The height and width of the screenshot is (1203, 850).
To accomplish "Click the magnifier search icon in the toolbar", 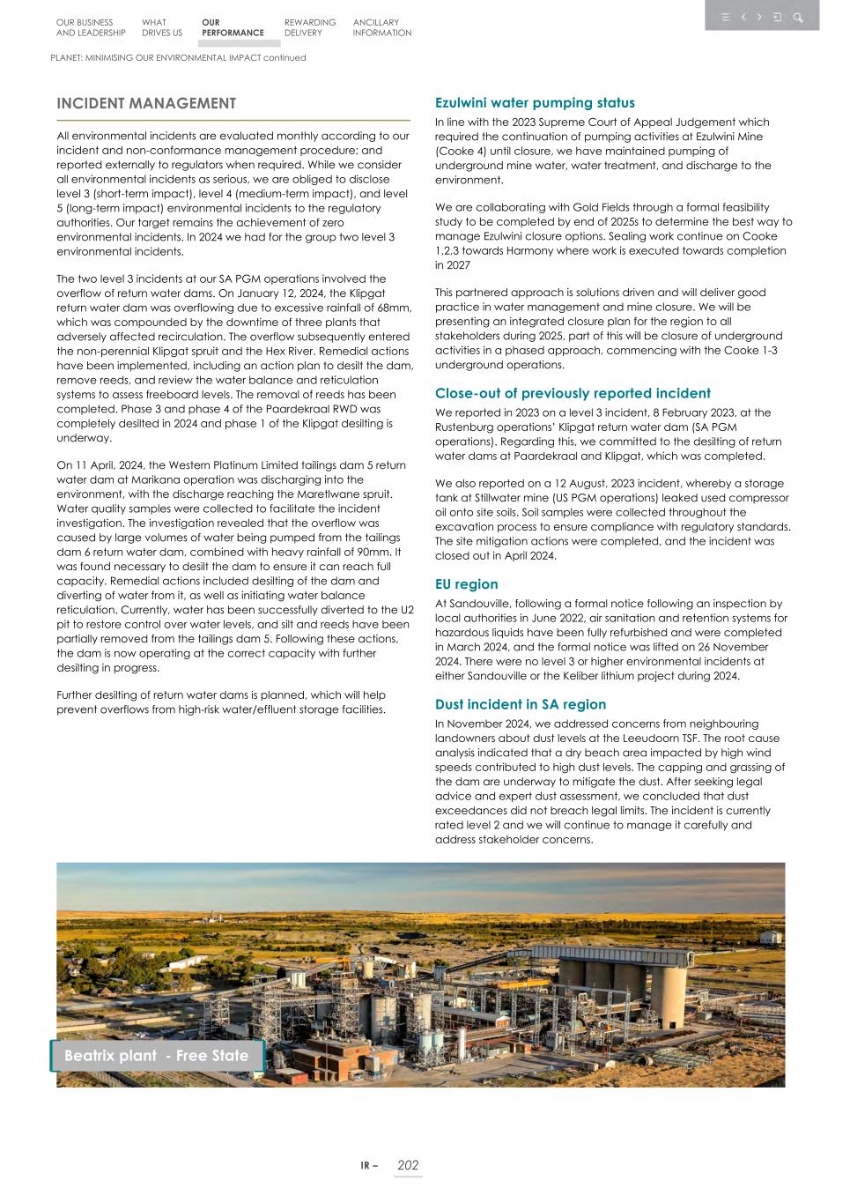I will [797, 17].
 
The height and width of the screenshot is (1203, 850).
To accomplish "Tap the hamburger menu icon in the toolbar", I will [725, 17].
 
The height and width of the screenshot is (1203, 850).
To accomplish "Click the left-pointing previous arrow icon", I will [743, 17].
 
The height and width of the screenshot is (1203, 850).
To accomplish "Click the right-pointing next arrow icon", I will [759, 17].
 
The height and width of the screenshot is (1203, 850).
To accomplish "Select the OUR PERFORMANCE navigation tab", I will [232, 27].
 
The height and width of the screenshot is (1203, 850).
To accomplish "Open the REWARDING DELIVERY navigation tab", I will [310, 27].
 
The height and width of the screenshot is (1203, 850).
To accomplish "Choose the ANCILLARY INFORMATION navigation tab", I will [381, 27].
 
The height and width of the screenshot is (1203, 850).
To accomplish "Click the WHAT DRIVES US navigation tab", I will [161, 27].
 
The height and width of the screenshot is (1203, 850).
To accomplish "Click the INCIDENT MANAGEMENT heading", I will [146, 103].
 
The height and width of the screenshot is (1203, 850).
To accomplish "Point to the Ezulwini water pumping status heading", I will [535, 103].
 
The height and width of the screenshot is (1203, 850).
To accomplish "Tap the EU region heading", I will [466, 584].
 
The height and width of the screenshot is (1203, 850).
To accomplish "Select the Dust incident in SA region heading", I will [521, 704].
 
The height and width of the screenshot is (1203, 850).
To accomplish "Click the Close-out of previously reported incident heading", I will [573, 393].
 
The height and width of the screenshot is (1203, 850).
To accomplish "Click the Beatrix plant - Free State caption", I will [157, 1056].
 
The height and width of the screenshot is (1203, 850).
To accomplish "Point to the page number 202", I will [408, 1165].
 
